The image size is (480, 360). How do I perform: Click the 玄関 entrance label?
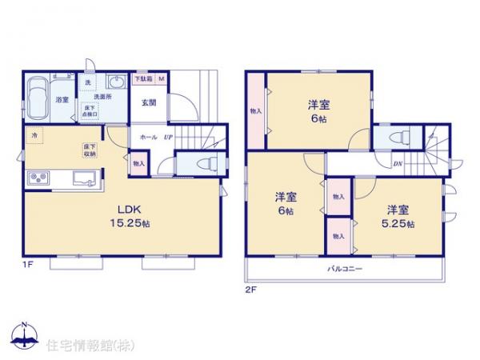pos(149,102)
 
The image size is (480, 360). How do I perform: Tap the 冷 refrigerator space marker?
pos(34,136)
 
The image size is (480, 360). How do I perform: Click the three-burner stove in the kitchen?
pos(40,178)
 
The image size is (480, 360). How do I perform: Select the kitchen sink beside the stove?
pos(82,178)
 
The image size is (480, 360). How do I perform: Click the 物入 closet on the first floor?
pos(139,163)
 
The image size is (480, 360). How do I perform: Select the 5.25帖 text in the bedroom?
pos(398,225)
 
